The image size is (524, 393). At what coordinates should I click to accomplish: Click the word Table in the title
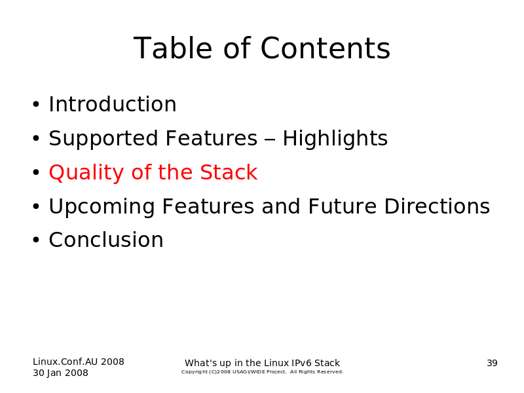(x=173, y=48)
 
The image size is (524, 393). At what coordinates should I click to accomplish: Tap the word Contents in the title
(x=325, y=48)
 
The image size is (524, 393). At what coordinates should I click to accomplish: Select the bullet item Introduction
(x=113, y=104)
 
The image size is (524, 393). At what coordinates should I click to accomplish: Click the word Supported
(x=103, y=139)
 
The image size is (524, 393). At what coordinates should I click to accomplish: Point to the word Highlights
(x=335, y=139)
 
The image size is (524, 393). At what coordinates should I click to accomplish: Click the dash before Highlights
(x=270, y=140)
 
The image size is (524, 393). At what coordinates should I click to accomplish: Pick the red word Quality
(x=86, y=173)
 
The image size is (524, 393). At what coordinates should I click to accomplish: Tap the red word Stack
(x=229, y=172)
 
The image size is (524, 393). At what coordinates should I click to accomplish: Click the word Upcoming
(x=102, y=207)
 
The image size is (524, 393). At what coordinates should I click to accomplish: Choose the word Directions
(x=437, y=206)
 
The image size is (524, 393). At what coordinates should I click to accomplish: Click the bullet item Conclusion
(x=106, y=240)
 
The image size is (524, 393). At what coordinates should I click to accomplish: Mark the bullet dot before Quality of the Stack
(x=36, y=173)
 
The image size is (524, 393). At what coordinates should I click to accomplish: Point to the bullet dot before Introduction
(x=36, y=104)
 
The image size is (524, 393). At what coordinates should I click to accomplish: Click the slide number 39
(x=492, y=363)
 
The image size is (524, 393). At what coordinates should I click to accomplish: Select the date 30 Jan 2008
(x=60, y=373)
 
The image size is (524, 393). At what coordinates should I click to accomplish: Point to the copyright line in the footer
(x=263, y=371)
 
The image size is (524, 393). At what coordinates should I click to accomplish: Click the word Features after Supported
(x=212, y=138)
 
